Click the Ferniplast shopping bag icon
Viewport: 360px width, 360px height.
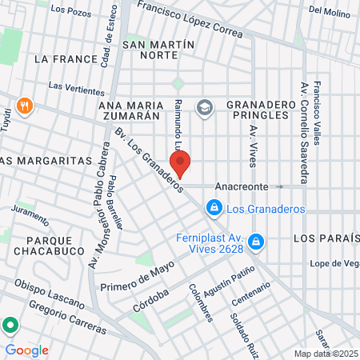click(x=255, y=241)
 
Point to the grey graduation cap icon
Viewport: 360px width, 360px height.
click(x=205, y=107)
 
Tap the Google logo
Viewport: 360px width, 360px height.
click(x=26, y=350)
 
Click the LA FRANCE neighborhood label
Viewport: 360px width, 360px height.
click(x=66, y=59)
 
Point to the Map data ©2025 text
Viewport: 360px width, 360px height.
click(x=325, y=354)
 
